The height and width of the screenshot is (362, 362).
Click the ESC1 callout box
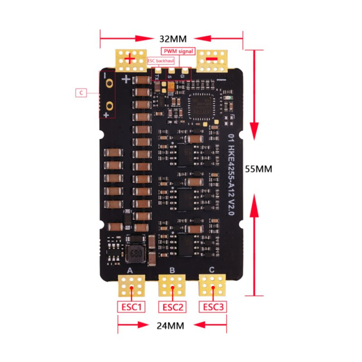131,307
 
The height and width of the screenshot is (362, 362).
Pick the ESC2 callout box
172,307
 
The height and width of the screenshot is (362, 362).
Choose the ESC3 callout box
214,307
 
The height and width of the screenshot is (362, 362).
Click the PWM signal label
178,51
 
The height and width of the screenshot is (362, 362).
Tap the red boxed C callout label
81,93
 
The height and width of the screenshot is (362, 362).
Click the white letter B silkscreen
172,270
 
